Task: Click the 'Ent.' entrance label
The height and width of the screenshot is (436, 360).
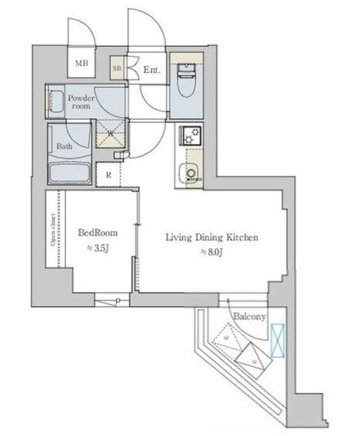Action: click(x=151, y=69)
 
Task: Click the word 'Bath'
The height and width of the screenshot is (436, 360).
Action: click(x=65, y=146)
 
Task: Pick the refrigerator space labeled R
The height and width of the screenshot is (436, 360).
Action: click(x=108, y=174)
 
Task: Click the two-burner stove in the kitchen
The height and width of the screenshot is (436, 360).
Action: click(x=189, y=135)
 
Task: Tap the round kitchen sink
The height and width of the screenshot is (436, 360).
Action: click(x=191, y=174)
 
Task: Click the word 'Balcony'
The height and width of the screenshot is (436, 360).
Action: click(x=250, y=317)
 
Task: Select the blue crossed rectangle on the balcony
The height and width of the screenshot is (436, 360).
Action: click(x=278, y=340)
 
